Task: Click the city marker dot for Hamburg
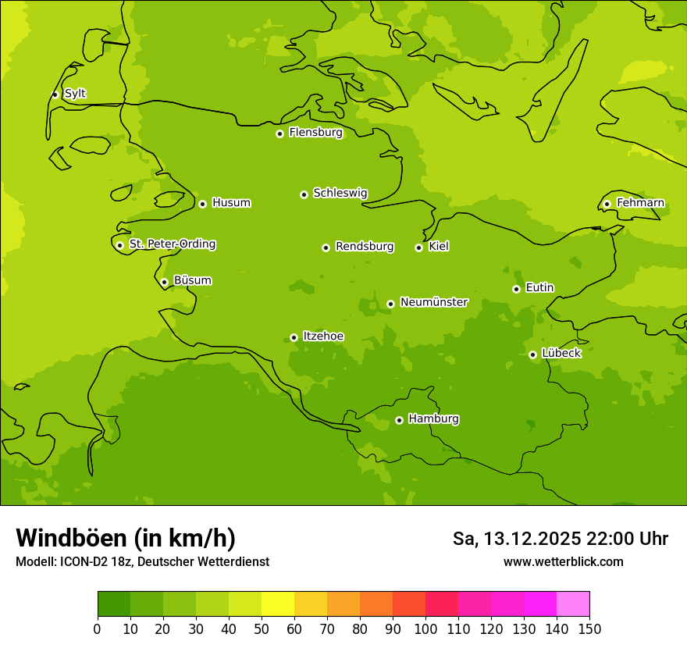click(399, 420)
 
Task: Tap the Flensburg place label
click(315, 133)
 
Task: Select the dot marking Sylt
click(55, 94)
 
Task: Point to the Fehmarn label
click(640, 203)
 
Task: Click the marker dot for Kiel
click(418, 247)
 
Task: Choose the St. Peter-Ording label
click(172, 244)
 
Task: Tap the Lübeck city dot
click(532, 354)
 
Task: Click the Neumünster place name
click(433, 302)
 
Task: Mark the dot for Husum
click(202, 204)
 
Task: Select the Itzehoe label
click(323, 336)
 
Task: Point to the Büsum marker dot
click(164, 282)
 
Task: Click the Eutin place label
click(539, 287)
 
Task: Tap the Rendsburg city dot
click(326, 247)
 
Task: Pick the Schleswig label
click(340, 193)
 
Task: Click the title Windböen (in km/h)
click(126, 538)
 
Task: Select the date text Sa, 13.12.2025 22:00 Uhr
click(560, 539)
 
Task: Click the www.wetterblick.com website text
click(563, 561)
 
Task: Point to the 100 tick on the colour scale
click(425, 628)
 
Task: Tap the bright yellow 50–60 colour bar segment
click(277, 604)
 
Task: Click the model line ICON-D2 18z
click(142, 561)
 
